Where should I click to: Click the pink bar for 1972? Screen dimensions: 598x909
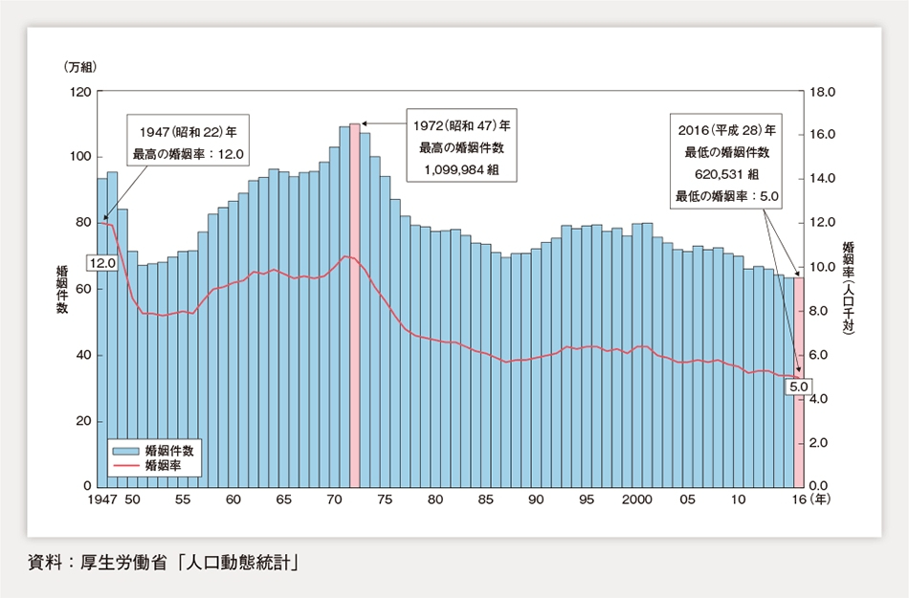355,306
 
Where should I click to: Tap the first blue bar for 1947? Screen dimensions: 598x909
102,335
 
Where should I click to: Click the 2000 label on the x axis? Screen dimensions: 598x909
636,500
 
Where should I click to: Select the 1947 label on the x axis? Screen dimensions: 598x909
102,500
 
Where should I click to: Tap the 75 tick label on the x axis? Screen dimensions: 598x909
385,500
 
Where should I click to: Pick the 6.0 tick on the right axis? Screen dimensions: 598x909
822,355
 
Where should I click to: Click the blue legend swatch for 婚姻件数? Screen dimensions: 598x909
126,450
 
